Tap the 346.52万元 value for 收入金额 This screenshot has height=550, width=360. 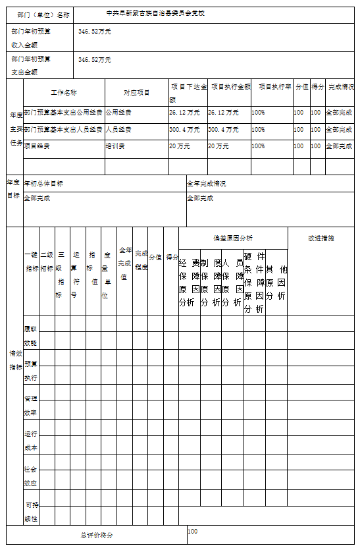[x=94, y=31]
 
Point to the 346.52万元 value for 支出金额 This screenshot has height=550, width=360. [x=94, y=59]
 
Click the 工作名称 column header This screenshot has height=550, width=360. [x=64, y=93]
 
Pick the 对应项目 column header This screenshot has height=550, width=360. [x=136, y=93]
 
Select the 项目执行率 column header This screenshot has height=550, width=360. [x=271, y=87]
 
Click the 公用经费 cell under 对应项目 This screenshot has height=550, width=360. [x=118, y=112]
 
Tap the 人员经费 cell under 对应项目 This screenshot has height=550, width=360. [x=118, y=129]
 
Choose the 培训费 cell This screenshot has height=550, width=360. [x=116, y=146]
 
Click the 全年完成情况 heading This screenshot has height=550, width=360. [x=207, y=183]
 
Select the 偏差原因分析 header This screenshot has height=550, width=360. [x=232, y=238]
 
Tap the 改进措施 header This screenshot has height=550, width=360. [x=321, y=238]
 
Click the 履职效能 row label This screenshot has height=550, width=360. [x=31, y=335]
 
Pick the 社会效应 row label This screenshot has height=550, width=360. [x=31, y=476]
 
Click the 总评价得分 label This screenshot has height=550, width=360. [x=97, y=536]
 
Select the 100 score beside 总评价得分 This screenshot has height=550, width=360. [x=193, y=531]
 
